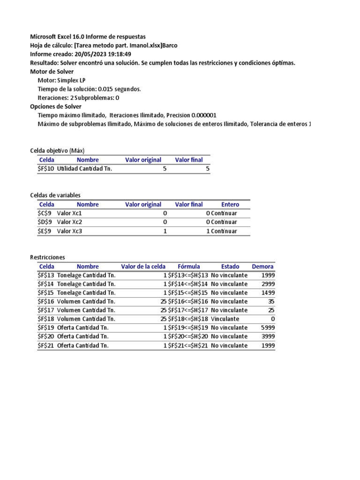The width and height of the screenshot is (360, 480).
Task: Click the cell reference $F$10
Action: coord(46,169)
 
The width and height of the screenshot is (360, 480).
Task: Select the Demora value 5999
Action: coord(268,328)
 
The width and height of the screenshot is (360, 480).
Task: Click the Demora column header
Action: coord(262,266)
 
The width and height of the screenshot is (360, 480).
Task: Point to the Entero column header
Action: coord(230,204)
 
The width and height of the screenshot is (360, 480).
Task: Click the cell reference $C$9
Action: coord(45,213)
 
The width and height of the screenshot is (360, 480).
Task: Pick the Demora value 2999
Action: coord(268,284)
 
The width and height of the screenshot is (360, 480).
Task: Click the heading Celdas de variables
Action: coord(55,195)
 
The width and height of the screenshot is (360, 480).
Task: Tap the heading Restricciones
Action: coord(47,257)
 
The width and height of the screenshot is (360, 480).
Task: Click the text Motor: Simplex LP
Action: coord(61,80)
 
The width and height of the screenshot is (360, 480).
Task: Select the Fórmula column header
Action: coord(188,266)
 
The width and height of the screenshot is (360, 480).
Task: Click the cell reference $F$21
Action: coord(46,345)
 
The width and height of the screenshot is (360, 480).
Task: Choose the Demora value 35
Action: coord(271,301)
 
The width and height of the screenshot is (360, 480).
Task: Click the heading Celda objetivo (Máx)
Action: coord(57,150)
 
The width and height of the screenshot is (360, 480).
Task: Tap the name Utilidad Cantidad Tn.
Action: coord(84,169)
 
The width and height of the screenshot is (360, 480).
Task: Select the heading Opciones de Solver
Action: coord(56,106)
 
